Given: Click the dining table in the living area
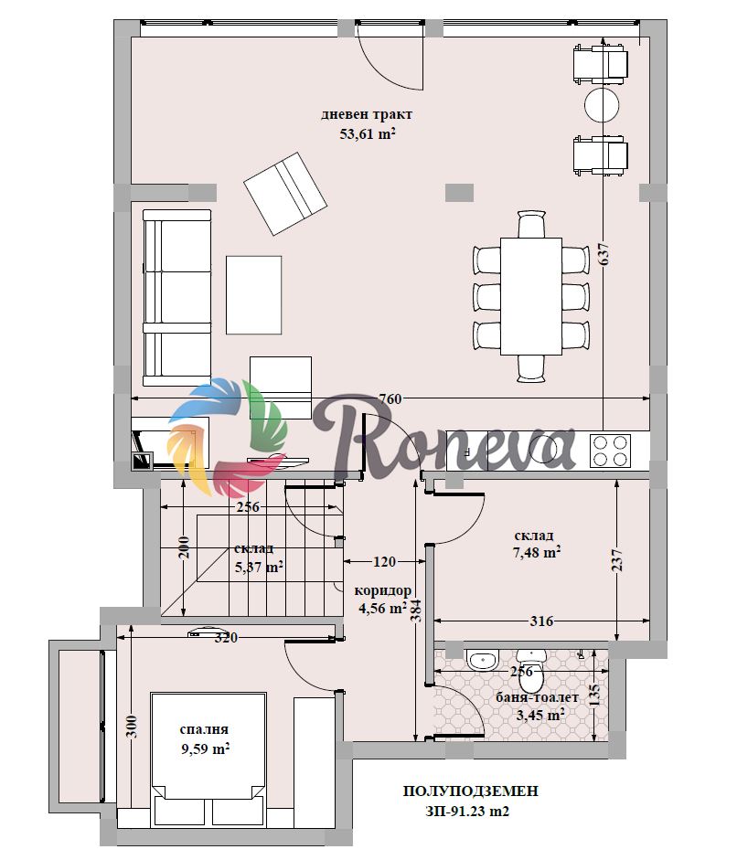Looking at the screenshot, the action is pyautogui.click(x=530, y=295).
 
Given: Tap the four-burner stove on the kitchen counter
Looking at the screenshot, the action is pyautogui.click(x=610, y=451).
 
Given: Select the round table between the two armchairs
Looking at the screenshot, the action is pyautogui.click(x=602, y=104).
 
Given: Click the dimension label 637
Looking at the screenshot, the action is pyautogui.click(x=603, y=254).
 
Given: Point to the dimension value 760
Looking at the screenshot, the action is pyautogui.click(x=390, y=399).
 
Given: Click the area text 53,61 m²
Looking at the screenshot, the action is pyautogui.click(x=367, y=133).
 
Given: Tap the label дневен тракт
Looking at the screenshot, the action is pyautogui.click(x=367, y=114).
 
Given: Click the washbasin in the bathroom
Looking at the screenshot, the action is pyautogui.click(x=483, y=659).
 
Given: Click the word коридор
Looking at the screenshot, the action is pyautogui.click(x=382, y=590).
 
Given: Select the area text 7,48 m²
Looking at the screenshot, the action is pyautogui.click(x=536, y=553).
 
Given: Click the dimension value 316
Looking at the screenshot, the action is pyautogui.click(x=541, y=621).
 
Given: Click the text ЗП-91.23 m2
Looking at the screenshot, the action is pyautogui.click(x=467, y=811).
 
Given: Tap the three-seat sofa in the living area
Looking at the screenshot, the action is pyautogui.click(x=176, y=298).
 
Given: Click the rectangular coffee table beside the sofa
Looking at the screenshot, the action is pyautogui.click(x=253, y=295).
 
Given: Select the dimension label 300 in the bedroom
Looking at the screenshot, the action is pyautogui.click(x=134, y=727).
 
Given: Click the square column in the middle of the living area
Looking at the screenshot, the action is pyautogui.click(x=459, y=193).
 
